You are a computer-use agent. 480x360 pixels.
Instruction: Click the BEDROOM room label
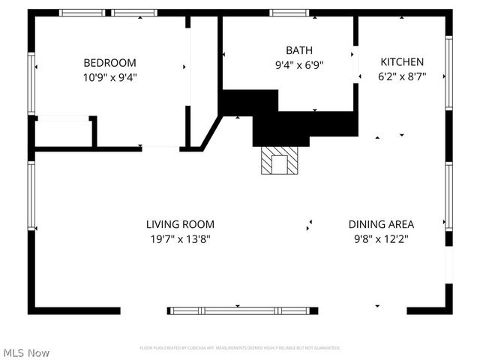click(109, 63)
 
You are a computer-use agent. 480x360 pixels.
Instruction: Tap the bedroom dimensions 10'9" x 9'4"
click(109, 76)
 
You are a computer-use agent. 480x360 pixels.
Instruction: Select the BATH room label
click(289, 50)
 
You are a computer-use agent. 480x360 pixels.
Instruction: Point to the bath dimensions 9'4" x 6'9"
click(289, 64)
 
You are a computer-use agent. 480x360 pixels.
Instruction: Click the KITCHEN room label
click(402, 62)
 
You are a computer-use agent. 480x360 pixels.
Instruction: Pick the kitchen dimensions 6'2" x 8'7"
click(402, 76)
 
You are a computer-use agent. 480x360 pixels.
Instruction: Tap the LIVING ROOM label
click(180, 224)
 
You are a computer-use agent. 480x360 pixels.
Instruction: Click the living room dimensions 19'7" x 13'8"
click(180, 239)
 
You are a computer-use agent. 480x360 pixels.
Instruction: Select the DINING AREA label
click(381, 224)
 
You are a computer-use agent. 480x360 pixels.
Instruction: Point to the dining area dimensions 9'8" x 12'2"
click(381, 239)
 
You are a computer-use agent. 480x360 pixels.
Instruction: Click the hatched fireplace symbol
click(279, 160)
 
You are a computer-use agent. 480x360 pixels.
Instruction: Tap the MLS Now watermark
click(26, 352)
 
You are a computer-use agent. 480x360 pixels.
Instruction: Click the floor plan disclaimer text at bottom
click(240, 348)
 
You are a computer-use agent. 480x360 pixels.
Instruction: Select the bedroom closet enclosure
click(64, 133)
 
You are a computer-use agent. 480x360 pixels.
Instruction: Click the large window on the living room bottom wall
click(241, 310)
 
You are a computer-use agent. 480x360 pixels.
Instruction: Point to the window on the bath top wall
click(289, 12)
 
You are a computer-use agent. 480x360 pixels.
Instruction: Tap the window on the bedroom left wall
click(32, 82)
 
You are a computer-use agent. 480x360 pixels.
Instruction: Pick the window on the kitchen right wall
click(448, 73)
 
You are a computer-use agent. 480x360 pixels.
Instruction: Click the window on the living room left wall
click(32, 195)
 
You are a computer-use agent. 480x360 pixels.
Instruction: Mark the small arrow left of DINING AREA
click(308, 224)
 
